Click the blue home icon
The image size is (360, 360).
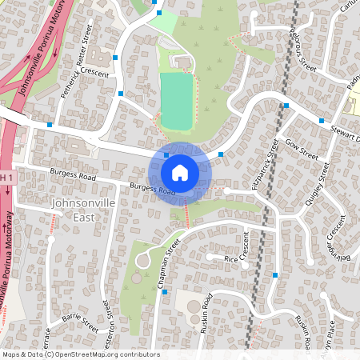pos(180,172)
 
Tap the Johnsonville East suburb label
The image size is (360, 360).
pos(74,210)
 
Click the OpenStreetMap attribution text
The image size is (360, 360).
pos(81,354)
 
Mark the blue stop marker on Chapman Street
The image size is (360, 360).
pos(165,292)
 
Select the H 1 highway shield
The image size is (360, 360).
pos(6,176)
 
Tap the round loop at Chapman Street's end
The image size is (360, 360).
pos(144,260)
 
